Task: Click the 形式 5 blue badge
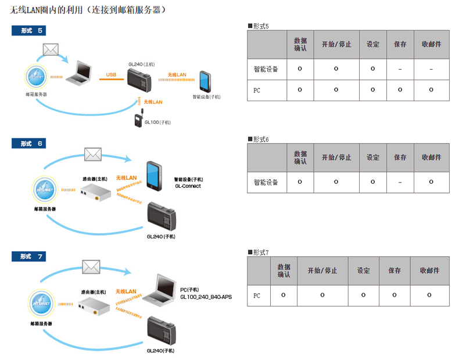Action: [x=28, y=30]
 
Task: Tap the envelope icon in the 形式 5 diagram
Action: [x=51, y=49]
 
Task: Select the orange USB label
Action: [x=111, y=74]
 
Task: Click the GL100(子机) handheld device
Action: [x=139, y=118]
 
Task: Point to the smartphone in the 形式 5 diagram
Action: [x=205, y=82]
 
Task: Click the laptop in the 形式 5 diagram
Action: [x=79, y=73]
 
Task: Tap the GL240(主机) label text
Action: [x=142, y=64]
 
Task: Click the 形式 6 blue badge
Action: [x=28, y=144]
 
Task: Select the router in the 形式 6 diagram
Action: [x=95, y=192]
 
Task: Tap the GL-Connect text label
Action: [x=188, y=186]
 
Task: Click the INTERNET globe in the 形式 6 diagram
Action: [x=45, y=190]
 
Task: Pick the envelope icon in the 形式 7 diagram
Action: [x=91, y=267]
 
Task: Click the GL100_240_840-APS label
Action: [x=206, y=297]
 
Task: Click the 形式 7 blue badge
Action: [x=28, y=256]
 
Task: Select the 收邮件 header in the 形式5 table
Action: [x=432, y=44]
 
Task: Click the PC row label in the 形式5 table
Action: [x=257, y=90]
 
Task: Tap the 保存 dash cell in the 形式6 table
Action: [x=400, y=182]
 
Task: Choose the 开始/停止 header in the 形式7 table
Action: [x=322, y=270]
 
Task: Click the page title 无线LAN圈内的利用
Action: [x=46, y=10]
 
